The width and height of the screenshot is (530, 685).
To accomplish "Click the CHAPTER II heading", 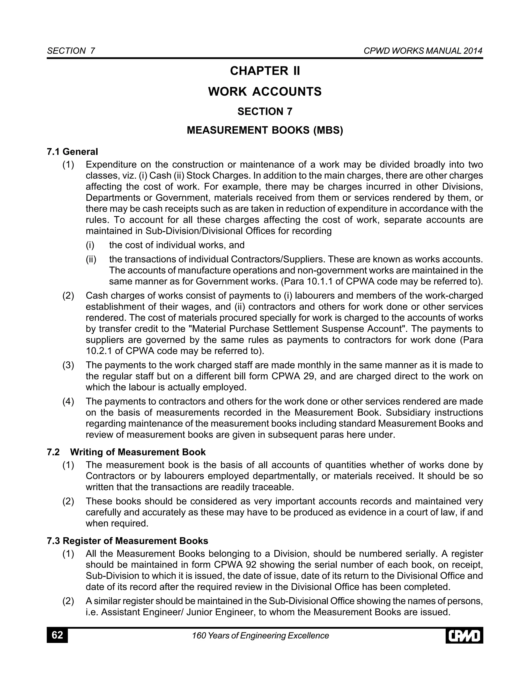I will pyautogui.click(x=265, y=71).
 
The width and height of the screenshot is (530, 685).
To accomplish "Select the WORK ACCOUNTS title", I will pyautogui.click(x=265, y=92).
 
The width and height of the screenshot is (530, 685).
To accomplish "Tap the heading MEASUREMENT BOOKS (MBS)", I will pyautogui.click(x=265, y=130).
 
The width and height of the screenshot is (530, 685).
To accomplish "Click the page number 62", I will pyautogui.click(x=57, y=635).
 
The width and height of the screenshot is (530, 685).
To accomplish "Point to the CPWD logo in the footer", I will pyautogui.click(x=464, y=636).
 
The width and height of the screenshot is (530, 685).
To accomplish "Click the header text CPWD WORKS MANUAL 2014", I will pyautogui.click(x=423, y=51).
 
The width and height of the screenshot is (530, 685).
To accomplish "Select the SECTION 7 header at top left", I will pyautogui.click(x=71, y=51).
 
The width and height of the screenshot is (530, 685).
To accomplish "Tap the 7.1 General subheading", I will pyautogui.click(x=72, y=152).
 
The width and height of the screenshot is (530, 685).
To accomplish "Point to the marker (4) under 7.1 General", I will pyautogui.click(x=68, y=401).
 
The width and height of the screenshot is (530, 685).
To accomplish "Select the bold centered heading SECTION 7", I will pyautogui.click(x=265, y=112).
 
